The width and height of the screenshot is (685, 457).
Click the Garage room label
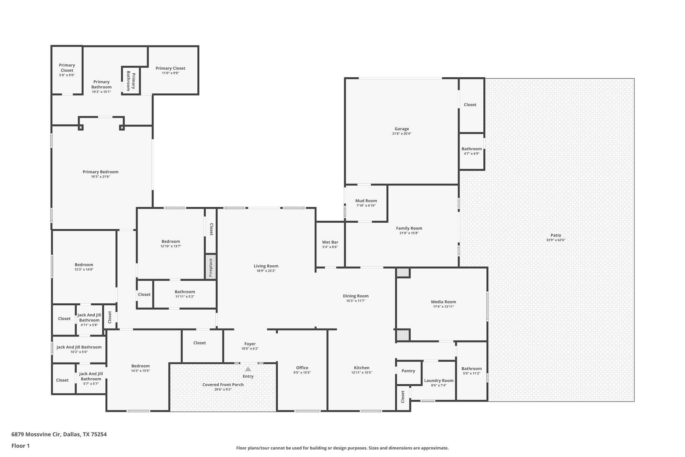[x=401, y=129]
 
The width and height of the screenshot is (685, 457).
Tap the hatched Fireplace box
[x=211, y=267]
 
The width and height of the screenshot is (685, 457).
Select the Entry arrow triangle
[x=248, y=369]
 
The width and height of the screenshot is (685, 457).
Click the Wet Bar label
[x=330, y=242]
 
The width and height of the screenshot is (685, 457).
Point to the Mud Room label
[x=366, y=201]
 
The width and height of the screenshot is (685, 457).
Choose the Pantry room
[x=408, y=371]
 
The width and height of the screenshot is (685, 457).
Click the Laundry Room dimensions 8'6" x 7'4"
[x=438, y=385]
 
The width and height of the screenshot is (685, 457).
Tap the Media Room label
[x=443, y=302]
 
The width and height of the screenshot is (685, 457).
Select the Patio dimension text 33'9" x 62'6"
[x=556, y=240]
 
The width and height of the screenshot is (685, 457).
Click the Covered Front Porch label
[x=223, y=385]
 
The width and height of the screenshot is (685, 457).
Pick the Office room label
[x=302, y=368]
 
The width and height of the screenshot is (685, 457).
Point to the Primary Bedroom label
[x=100, y=172]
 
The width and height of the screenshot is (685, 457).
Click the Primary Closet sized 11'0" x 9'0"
[x=170, y=68]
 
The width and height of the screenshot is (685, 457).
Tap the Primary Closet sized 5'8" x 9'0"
[x=67, y=68]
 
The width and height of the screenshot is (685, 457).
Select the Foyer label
[x=250, y=344]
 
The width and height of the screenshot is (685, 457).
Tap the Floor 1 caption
[x=20, y=446]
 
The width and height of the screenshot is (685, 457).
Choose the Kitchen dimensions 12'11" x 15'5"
[x=362, y=373]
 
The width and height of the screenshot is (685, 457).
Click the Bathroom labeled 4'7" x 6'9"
[x=471, y=149]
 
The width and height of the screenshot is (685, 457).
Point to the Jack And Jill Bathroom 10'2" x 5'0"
[x=79, y=347]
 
